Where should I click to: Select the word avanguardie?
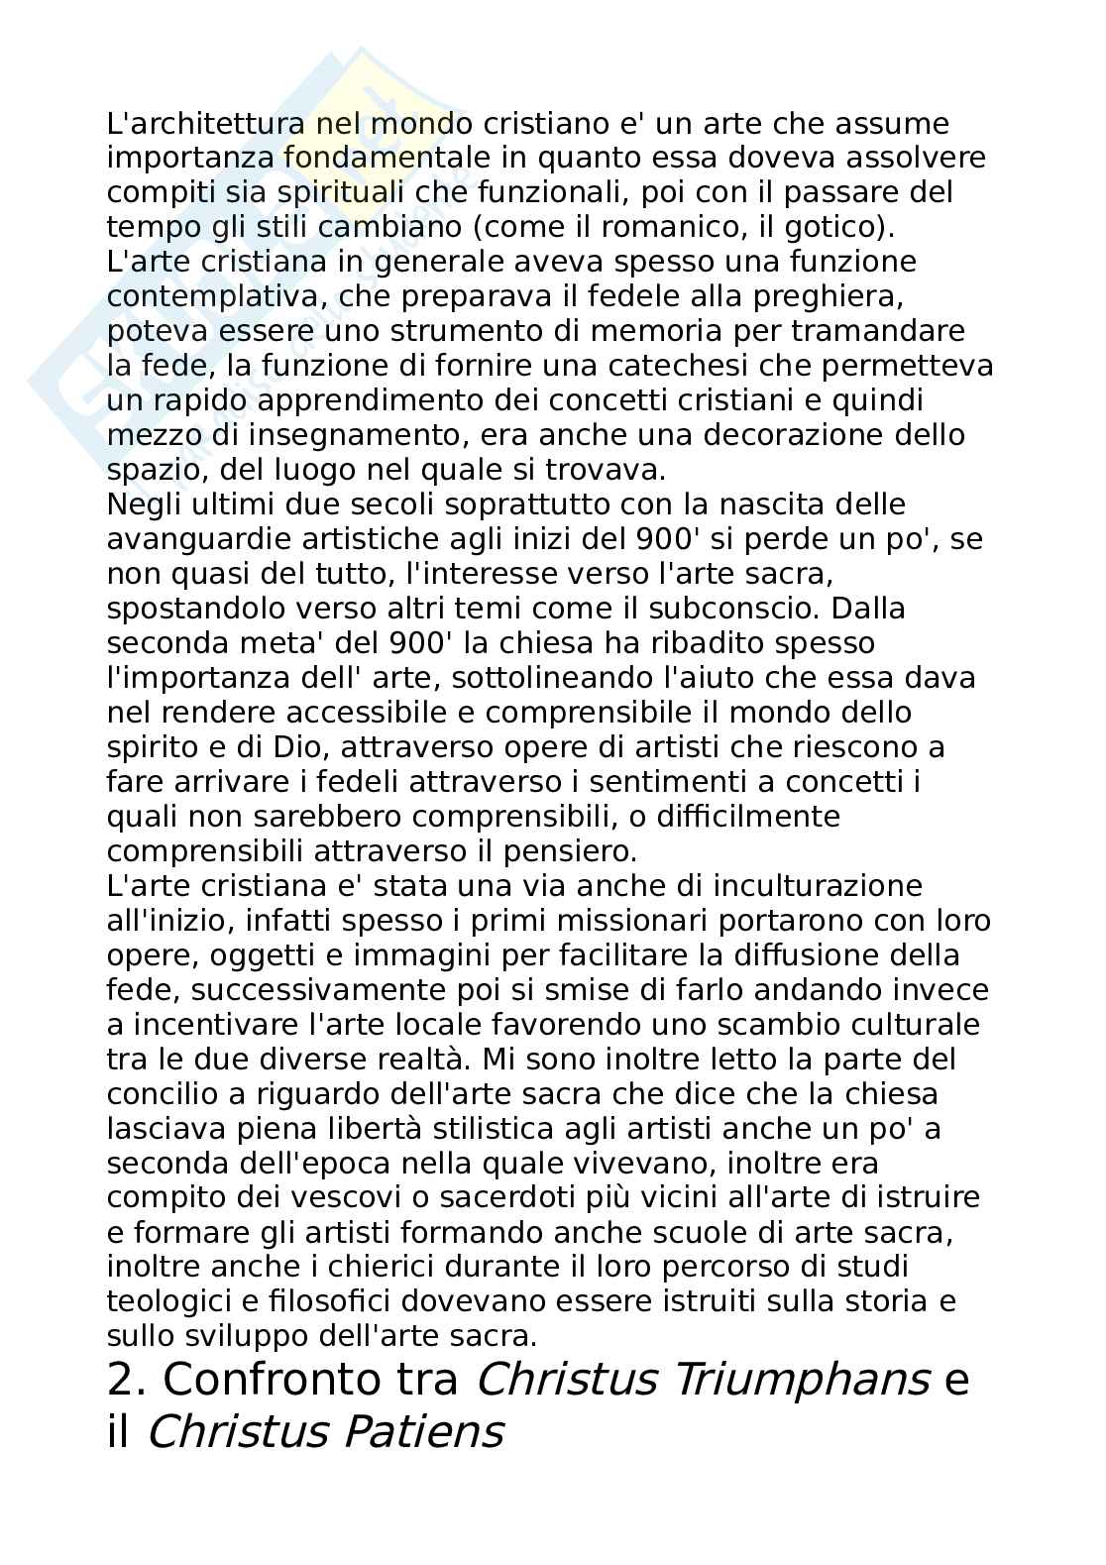201,539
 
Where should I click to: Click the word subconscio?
734,608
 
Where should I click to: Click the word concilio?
163,1093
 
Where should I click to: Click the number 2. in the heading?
126,1380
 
